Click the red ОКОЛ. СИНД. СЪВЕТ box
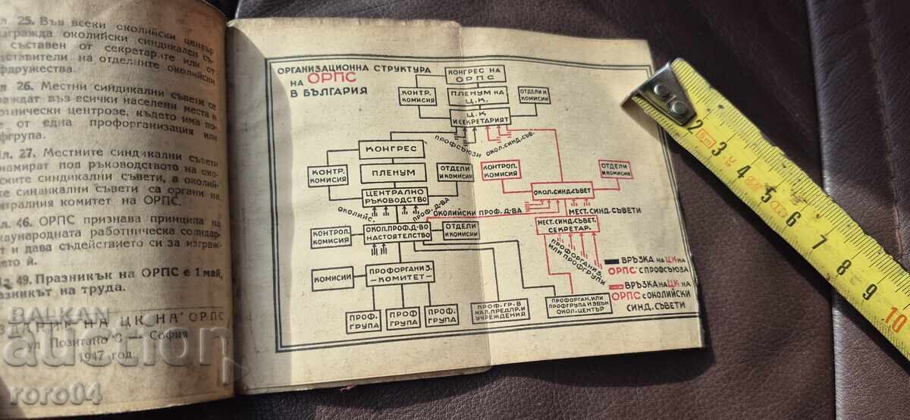pos(562,190)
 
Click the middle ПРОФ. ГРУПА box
pos(402,318)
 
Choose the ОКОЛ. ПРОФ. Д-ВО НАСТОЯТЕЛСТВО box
pos(397,232)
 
